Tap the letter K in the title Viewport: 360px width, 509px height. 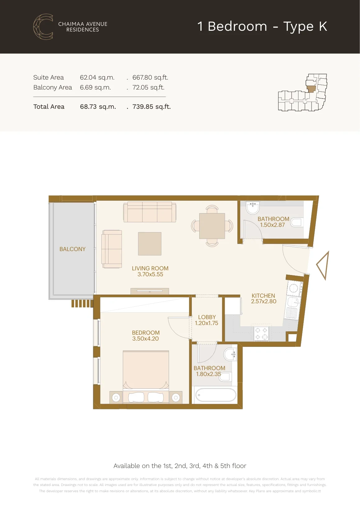323,26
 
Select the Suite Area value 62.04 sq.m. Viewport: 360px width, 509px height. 97,77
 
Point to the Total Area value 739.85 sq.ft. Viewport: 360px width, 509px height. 151,107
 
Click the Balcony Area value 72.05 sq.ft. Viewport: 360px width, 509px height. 148,88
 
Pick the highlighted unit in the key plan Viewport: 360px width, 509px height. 311,89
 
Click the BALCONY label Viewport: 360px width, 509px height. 72,249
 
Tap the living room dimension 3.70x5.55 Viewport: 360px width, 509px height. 150,274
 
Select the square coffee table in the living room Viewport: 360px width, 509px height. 150,244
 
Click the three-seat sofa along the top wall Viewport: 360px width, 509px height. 150,212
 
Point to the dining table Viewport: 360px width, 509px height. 212,226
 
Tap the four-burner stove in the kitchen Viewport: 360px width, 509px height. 261,334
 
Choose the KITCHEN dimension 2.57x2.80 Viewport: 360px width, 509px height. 264,301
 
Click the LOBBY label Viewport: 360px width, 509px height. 207,317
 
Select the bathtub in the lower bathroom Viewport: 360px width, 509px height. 215,395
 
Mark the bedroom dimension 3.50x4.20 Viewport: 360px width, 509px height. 145,339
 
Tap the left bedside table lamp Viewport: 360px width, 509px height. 116,398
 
